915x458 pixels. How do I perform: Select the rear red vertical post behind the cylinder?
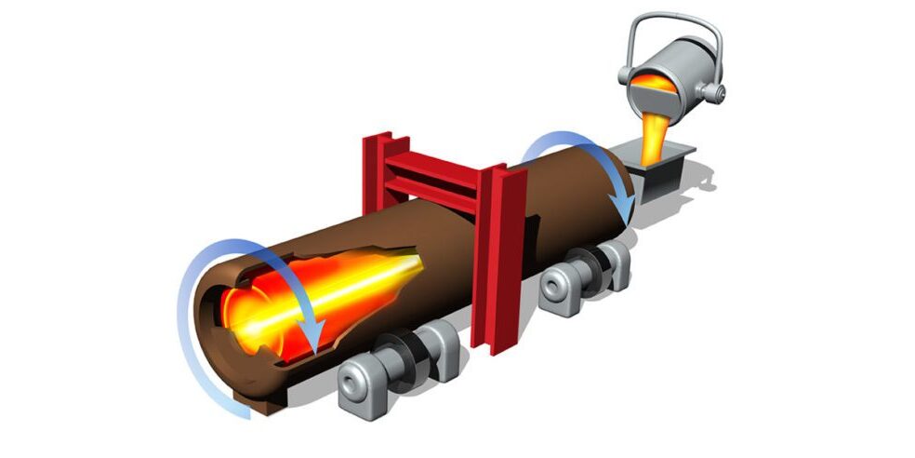[374, 177]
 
